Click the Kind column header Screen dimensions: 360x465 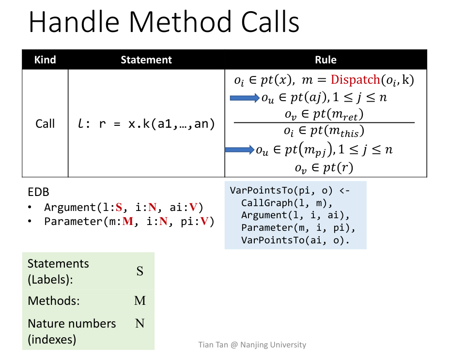45,60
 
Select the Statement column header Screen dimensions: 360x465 146,60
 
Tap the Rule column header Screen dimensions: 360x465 325,60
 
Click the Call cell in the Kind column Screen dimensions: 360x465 45,124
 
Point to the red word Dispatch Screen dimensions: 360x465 356,80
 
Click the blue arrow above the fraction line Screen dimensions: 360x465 245,98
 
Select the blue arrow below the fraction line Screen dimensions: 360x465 240,150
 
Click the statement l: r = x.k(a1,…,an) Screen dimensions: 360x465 146,124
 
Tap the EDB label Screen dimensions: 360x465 39,192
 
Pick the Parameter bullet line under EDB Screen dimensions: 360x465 129,222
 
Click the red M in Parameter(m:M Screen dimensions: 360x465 128,222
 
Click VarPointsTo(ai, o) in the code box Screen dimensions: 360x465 295,240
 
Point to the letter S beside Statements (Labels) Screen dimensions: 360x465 139,271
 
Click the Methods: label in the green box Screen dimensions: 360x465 54,300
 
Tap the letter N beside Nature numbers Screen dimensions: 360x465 139,323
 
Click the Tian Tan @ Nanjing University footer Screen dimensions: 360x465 252,345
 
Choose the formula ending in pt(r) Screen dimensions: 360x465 324,168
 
